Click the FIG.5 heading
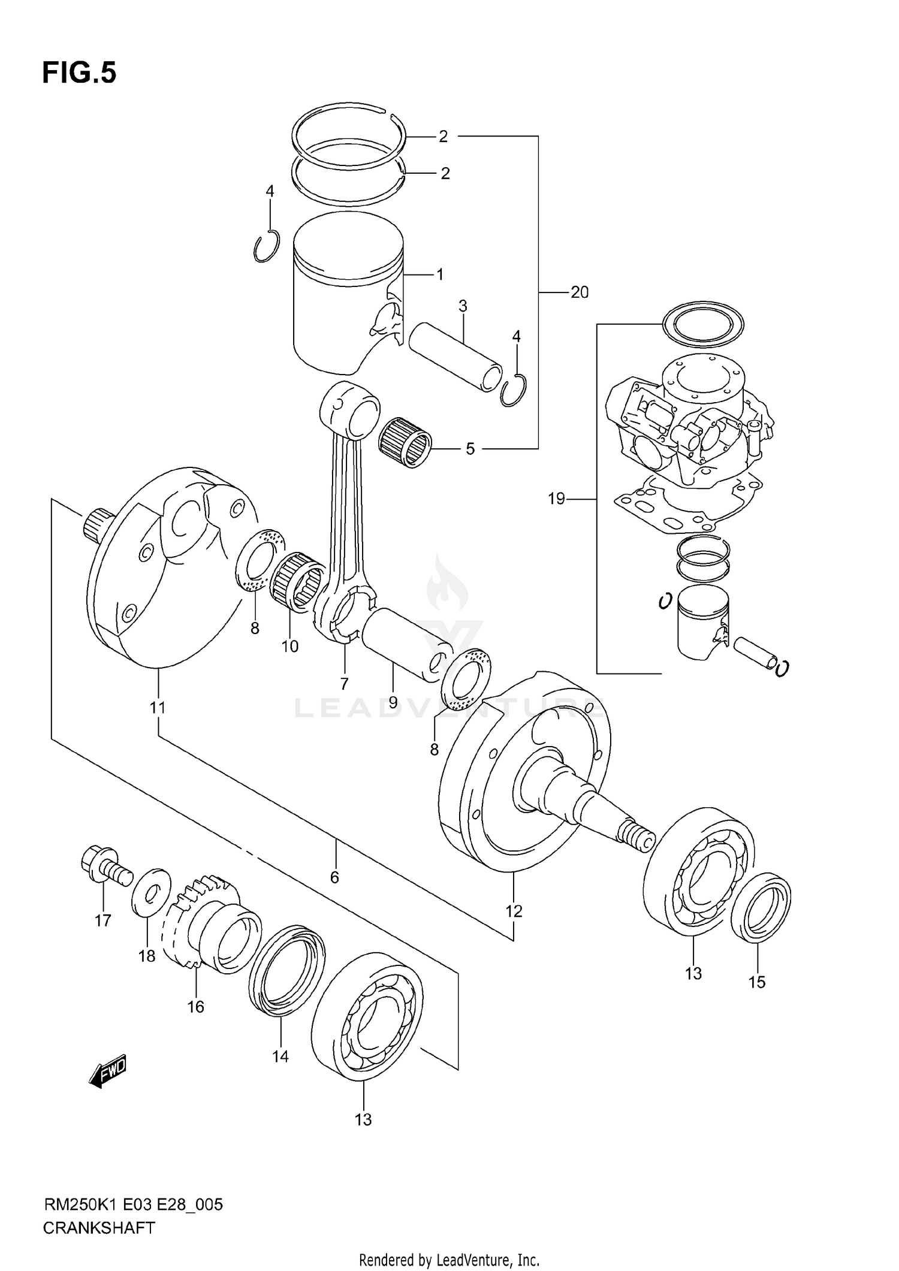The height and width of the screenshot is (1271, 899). coord(79,73)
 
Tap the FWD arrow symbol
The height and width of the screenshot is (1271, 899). coord(108,1070)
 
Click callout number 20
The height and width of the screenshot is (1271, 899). coord(579,292)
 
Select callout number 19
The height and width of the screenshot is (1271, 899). coord(556,498)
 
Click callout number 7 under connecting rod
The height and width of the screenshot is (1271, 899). coord(344,683)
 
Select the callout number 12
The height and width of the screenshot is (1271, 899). coord(514,911)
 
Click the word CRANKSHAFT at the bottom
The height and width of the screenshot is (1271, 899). coord(99,1228)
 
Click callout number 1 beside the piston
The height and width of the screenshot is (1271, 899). coord(440,275)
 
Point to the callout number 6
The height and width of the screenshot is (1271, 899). coord(334,877)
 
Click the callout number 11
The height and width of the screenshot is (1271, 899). coord(157,708)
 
